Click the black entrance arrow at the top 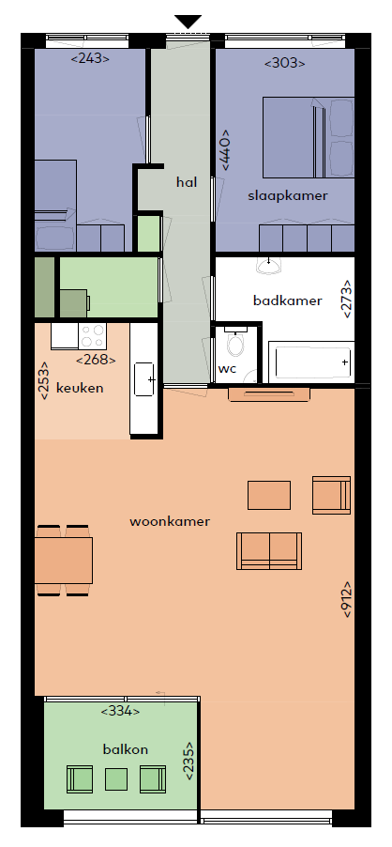coord(188,22)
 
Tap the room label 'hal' coord(187,182)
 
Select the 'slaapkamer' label coord(287,195)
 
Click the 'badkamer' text coord(287,300)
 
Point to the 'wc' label coord(227,369)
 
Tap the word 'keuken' coord(80,388)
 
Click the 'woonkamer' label coord(170,521)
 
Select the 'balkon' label coord(125,749)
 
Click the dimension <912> coord(346,599)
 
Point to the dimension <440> coord(225,149)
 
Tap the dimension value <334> coord(120,711)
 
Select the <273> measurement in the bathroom coord(346,299)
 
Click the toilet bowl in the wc coord(235,343)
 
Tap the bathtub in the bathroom coord(311,362)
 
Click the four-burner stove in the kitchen coord(92,336)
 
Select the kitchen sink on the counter coord(145,379)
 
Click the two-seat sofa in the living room coord(269,551)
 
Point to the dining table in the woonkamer coord(64,561)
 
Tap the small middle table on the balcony coord(116,779)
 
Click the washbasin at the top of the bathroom coord(268,265)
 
